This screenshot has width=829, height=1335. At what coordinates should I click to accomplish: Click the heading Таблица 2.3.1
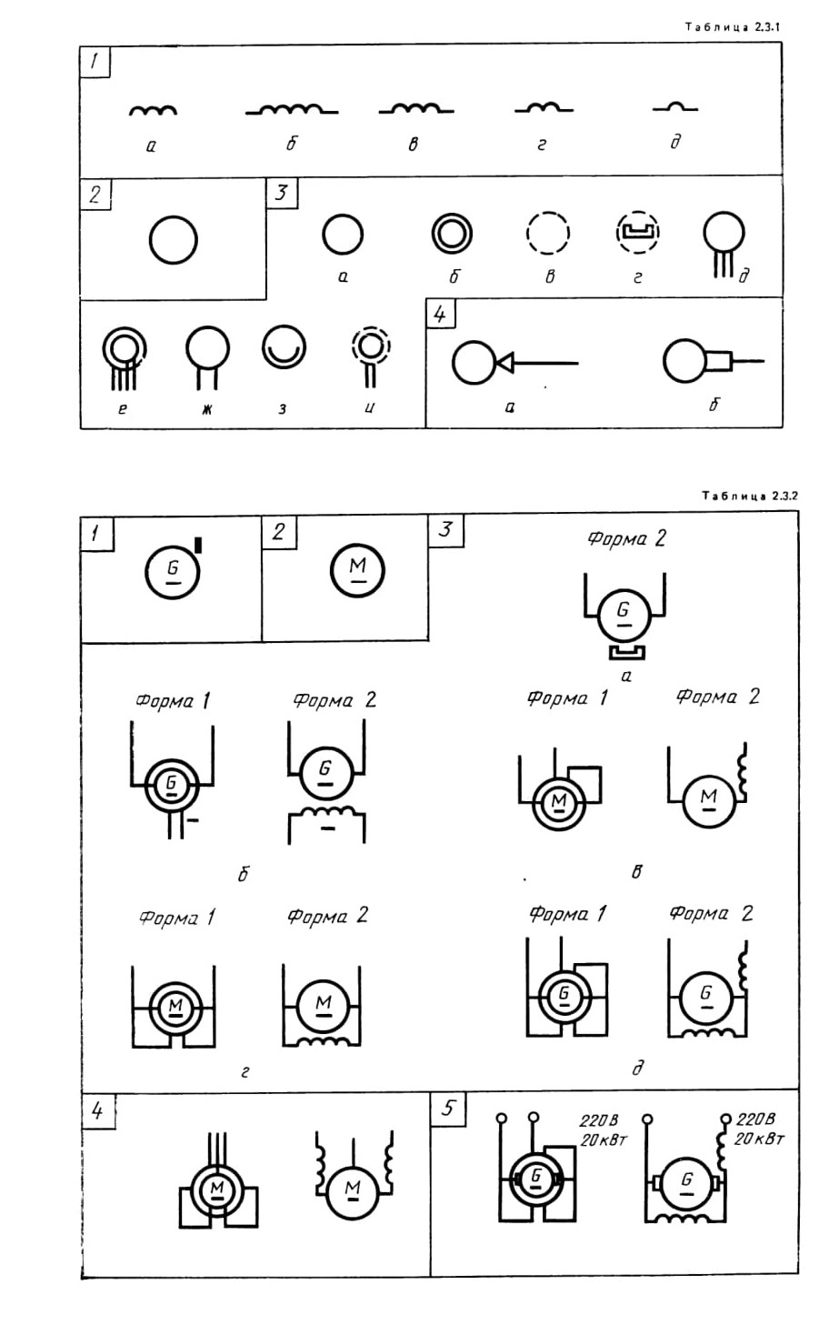[x=733, y=26]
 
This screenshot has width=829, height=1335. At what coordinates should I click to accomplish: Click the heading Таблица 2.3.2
[x=750, y=496]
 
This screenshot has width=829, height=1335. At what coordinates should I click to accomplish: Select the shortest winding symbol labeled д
[x=675, y=107]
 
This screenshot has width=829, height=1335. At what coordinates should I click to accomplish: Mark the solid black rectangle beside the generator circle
[x=198, y=545]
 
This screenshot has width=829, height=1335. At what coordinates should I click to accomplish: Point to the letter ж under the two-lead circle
[x=207, y=409]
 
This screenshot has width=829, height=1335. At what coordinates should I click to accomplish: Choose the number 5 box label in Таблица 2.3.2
[x=448, y=1108]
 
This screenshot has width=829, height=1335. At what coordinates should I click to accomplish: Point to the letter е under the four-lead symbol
[x=123, y=409]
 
